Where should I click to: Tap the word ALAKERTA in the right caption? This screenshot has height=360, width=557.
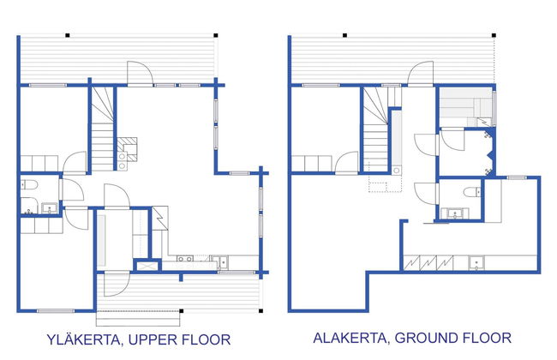[350, 337]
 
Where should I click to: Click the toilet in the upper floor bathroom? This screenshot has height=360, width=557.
[29, 185]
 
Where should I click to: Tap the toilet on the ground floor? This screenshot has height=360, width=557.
[472, 192]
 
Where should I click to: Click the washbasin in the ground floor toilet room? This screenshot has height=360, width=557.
[455, 214]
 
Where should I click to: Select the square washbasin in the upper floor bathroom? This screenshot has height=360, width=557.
[50, 208]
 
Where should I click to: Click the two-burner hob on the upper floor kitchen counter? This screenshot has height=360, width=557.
[185, 259]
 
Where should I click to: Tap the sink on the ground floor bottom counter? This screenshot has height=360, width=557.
[476, 263]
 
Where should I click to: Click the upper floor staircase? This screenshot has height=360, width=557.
[102, 129]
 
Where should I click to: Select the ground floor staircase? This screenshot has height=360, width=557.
[375, 130]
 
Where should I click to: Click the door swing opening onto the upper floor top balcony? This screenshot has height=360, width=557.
[140, 74]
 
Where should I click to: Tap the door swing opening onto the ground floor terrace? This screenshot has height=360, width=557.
[421, 74]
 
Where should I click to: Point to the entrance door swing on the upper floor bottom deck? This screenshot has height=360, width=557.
[117, 284]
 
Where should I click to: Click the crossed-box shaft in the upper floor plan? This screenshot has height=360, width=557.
[147, 266]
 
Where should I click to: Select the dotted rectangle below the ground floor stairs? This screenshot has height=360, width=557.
[385, 183]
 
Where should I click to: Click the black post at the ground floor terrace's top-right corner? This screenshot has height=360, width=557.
[494, 35]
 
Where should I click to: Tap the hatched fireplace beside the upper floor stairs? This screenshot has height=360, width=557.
[127, 147]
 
